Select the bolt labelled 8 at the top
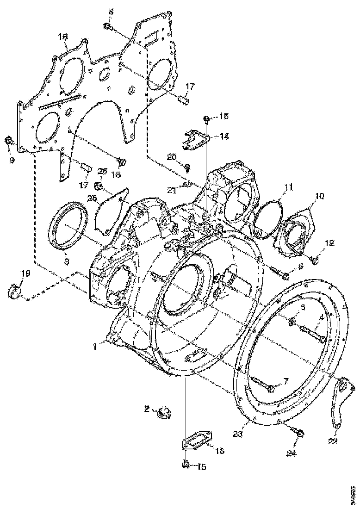(x=107, y=26)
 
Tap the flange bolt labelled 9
(x=9, y=140)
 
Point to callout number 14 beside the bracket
(x=224, y=137)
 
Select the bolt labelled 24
(x=299, y=433)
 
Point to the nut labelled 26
(x=99, y=186)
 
